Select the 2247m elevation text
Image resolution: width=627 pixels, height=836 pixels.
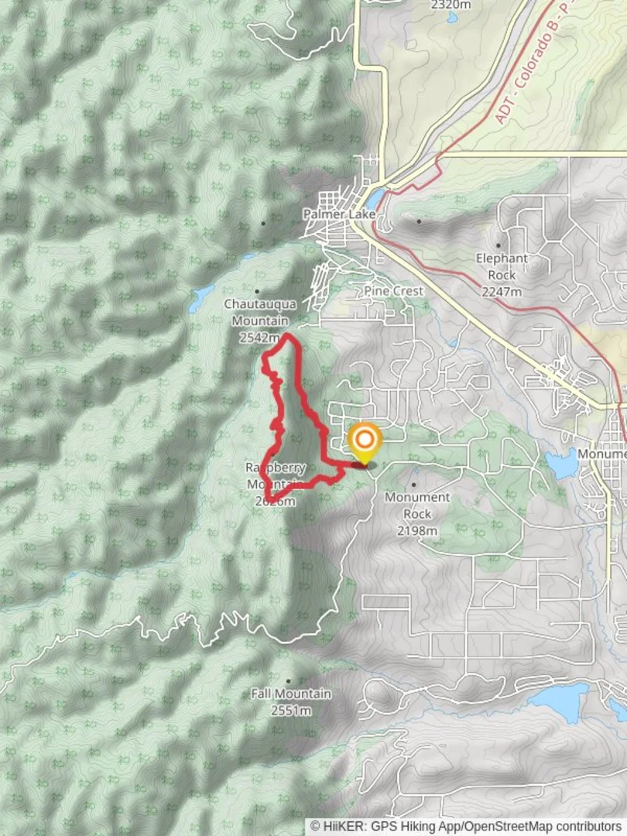point(502,292)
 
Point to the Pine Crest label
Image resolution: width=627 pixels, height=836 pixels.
point(394,291)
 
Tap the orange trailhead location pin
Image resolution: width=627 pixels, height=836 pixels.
point(364,441)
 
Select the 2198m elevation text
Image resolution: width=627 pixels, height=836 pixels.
point(416,531)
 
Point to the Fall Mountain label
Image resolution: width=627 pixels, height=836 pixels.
point(291,694)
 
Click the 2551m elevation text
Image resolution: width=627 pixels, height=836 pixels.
point(291,711)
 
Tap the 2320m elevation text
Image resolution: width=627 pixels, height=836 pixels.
point(451,5)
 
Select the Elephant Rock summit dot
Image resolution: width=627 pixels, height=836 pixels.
point(499,245)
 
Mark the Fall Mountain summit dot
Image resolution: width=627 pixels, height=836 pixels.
point(289,681)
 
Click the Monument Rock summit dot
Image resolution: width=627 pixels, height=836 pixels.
point(413,485)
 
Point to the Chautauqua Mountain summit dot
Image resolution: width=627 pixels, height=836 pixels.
point(257,292)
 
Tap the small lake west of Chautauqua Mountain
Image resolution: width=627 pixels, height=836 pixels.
point(201,296)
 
